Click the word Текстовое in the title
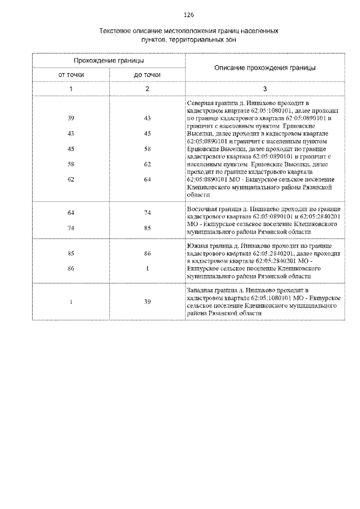(x=116, y=32)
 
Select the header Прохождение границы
(x=109, y=60)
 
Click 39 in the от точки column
(x=71, y=118)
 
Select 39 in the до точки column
(x=147, y=301)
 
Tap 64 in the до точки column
(x=147, y=179)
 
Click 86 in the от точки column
(x=71, y=269)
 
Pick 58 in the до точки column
(x=147, y=148)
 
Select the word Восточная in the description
(x=201, y=208)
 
